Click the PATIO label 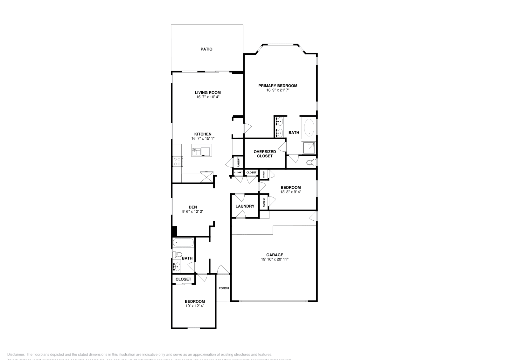click(x=206, y=49)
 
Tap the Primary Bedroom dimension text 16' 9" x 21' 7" click(x=278, y=90)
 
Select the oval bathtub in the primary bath click(x=309, y=128)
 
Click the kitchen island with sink click(x=201, y=150)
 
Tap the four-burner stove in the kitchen click(x=177, y=162)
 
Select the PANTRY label click(x=238, y=162)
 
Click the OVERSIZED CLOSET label click(x=265, y=154)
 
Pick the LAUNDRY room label click(x=245, y=206)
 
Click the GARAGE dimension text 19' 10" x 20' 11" click(x=275, y=260)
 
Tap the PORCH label click(x=224, y=288)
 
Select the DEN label click(x=193, y=207)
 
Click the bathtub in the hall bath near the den click(x=183, y=243)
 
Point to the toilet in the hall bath click(x=177, y=254)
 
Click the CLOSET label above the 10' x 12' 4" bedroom click(x=183, y=279)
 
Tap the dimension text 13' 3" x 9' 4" click(x=290, y=192)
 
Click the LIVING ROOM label click(x=208, y=93)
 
